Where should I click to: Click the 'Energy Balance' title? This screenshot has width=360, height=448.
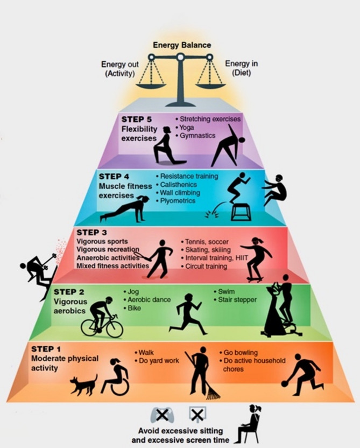(x=182, y=45)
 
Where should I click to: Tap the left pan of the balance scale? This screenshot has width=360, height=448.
(x=151, y=84)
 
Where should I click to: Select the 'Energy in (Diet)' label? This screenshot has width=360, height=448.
(x=241, y=68)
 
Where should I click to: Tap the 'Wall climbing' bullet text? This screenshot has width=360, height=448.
(x=180, y=192)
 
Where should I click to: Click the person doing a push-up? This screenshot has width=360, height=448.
(x=124, y=209)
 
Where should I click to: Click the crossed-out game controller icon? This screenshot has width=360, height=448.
(x=161, y=415)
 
